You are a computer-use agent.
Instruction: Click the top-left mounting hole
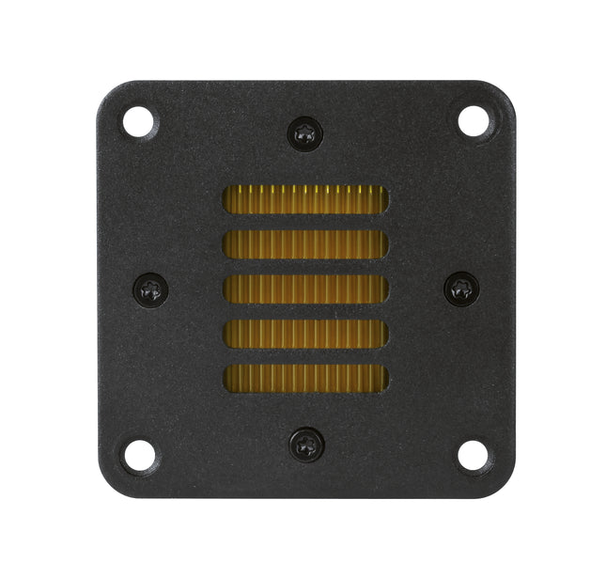(x=138, y=120)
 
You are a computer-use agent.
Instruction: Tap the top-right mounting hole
(x=473, y=120)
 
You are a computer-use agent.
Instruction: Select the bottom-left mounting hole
(x=138, y=455)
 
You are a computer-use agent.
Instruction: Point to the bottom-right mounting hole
(x=473, y=455)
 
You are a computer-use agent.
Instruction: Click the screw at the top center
(x=305, y=133)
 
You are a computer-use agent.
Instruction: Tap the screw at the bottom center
(x=305, y=444)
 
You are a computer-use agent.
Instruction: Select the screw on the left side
(x=150, y=289)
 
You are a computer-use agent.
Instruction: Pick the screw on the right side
(x=461, y=289)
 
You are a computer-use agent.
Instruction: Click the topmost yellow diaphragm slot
(x=305, y=199)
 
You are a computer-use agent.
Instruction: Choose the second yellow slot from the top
(x=305, y=244)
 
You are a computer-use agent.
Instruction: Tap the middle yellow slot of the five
(x=305, y=289)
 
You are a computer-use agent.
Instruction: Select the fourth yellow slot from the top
(x=305, y=334)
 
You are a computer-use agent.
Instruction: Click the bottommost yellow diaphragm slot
(x=305, y=378)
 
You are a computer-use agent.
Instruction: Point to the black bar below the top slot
(x=305, y=222)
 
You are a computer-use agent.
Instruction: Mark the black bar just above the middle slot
(x=305, y=267)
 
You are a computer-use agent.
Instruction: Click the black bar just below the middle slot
(x=305, y=311)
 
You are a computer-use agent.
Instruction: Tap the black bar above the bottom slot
(x=305, y=356)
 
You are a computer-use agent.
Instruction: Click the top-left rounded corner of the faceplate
(x=105, y=88)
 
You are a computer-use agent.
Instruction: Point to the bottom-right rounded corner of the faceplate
(x=505, y=488)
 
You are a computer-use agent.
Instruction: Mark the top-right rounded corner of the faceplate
(x=505, y=88)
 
